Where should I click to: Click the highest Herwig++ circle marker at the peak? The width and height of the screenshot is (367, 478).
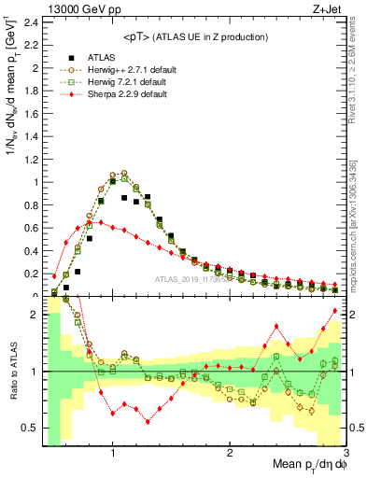point(124,173)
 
